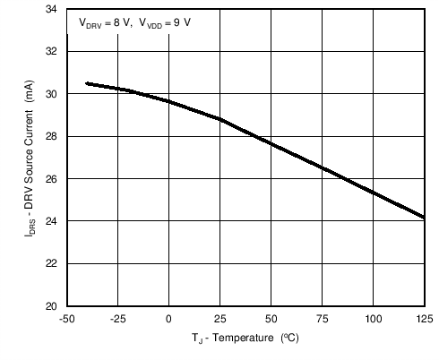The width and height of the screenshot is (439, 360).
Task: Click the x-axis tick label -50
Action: [x=66, y=318]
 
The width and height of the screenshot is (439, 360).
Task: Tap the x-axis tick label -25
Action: [x=117, y=318]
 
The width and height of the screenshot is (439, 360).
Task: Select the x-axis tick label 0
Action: [x=168, y=318]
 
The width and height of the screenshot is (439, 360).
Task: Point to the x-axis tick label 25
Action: [x=219, y=318]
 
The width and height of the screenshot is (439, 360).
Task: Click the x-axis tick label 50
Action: [x=271, y=318]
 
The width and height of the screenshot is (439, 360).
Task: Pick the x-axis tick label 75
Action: [x=322, y=318]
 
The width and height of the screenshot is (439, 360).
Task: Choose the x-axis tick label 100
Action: [x=373, y=318]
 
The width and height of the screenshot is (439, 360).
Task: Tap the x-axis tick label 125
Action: [x=424, y=318]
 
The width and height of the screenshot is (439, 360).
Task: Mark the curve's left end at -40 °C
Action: [x=86, y=83]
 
